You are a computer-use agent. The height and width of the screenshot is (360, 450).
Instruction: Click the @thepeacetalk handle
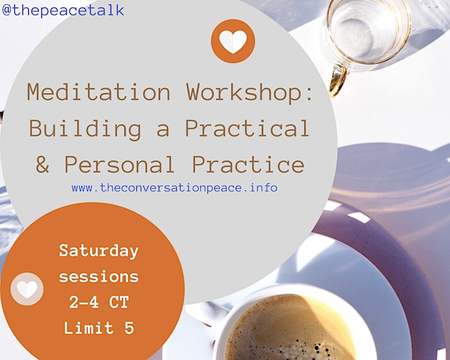point(63,10)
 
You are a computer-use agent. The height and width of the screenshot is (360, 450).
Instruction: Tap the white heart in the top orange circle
point(233,42)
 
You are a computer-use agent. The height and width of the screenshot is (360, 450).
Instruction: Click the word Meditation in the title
point(99,92)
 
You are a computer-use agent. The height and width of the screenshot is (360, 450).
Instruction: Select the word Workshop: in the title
point(249,92)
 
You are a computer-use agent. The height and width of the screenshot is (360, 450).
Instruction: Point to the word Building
point(85,128)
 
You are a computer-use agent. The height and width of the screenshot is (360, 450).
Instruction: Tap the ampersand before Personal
point(42,164)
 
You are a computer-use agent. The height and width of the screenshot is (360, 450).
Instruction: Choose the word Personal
point(119,164)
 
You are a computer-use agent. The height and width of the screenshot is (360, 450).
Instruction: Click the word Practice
point(248,164)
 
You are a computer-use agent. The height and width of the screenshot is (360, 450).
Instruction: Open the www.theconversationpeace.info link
point(174,187)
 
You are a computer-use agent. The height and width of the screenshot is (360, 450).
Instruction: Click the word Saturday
point(99,251)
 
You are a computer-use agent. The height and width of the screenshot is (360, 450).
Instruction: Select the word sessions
point(99,277)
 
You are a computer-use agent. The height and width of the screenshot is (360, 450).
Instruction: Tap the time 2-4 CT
point(99,302)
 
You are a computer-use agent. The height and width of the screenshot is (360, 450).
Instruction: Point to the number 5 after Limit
point(129,327)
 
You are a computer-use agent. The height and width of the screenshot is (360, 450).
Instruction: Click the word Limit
point(89,327)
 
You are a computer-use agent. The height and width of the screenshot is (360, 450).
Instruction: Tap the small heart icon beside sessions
point(27,289)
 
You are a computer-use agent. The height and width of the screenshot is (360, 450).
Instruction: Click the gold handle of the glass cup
point(338,81)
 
